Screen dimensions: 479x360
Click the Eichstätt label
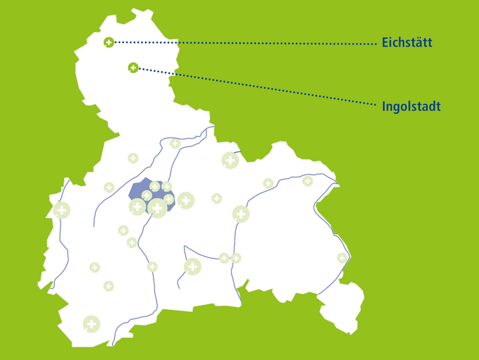click(406, 43)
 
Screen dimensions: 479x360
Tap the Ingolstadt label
click(411, 106)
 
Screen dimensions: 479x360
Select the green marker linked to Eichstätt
click(108, 43)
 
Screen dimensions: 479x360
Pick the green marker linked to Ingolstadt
click(132, 68)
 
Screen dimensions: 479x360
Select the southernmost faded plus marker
click(91, 324)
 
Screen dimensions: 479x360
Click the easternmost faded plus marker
click(342, 258)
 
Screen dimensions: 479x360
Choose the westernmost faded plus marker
click(61, 210)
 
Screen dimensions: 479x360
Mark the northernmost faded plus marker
click(175, 144)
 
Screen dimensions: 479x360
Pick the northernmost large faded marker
click(230, 161)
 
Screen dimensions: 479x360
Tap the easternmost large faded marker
click(241, 214)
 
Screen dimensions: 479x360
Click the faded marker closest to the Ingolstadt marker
click(175, 144)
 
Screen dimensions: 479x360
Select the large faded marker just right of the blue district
click(185, 201)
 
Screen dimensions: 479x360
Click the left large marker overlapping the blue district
click(137, 206)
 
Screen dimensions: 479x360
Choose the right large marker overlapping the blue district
click(158, 207)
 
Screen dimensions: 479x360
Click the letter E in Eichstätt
click(385, 43)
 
